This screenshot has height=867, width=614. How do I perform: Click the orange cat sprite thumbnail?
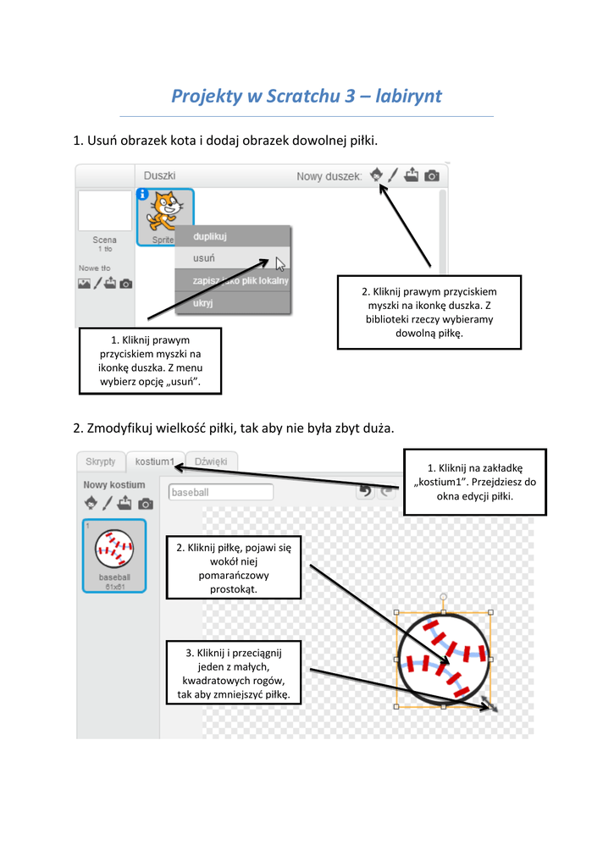(165, 213)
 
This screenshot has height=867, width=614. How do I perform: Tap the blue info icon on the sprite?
(142, 194)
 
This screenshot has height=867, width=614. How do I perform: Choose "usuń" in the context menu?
(204, 258)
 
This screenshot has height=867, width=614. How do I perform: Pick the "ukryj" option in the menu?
(203, 302)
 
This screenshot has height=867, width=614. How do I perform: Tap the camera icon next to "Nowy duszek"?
(432, 176)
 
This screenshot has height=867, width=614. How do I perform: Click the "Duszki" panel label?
(159, 175)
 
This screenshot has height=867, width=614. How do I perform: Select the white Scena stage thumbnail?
(105, 211)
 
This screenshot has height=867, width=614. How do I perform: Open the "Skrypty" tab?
(100, 461)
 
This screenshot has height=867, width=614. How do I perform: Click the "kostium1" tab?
(155, 462)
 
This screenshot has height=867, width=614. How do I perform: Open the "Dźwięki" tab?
(211, 461)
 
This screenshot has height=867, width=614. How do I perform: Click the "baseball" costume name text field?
(221, 492)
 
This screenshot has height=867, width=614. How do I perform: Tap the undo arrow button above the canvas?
(365, 492)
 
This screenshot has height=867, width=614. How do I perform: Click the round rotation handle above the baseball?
(443, 598)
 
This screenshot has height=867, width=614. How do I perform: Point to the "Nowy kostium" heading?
(114, 485)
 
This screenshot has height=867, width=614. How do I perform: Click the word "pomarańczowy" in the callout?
(234, 575)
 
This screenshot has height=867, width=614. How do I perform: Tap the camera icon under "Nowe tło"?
(126, 284)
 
